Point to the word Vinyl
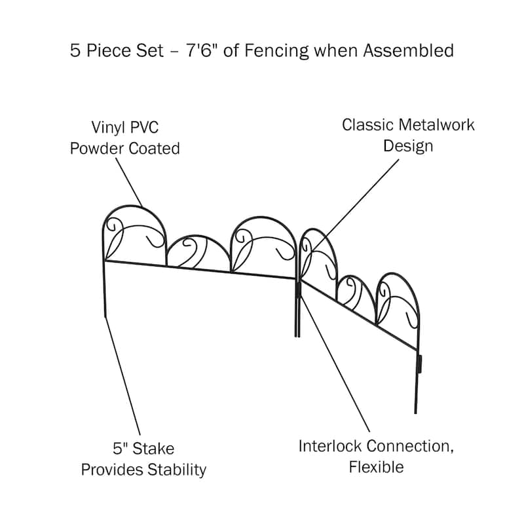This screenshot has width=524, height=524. [x=110, y=127]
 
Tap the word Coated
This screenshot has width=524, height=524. [x=155, y=149]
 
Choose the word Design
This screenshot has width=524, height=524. [x=408, y=145]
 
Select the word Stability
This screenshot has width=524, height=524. [x=174, y=470]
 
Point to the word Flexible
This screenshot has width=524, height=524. [x=376, y=468]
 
